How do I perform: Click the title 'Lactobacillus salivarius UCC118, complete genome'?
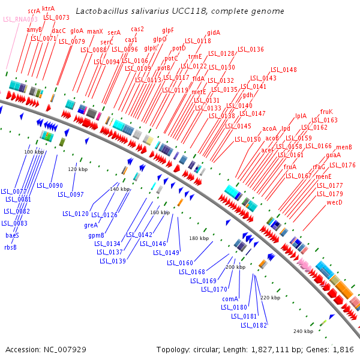(181, 11)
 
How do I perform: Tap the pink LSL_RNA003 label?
(16, 19)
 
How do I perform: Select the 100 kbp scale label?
(34, 152)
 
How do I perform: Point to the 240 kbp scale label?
(304, 331)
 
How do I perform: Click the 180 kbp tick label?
(199, 239)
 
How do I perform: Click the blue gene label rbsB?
(10, 247)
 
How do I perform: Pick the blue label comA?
(230, 298)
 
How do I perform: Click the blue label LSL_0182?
(254, 325)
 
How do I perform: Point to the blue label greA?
(91, 225)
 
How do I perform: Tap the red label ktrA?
(48, 8)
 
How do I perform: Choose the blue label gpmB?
(97, 235)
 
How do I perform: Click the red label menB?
(344, 147)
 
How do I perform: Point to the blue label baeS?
(12, 235)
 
